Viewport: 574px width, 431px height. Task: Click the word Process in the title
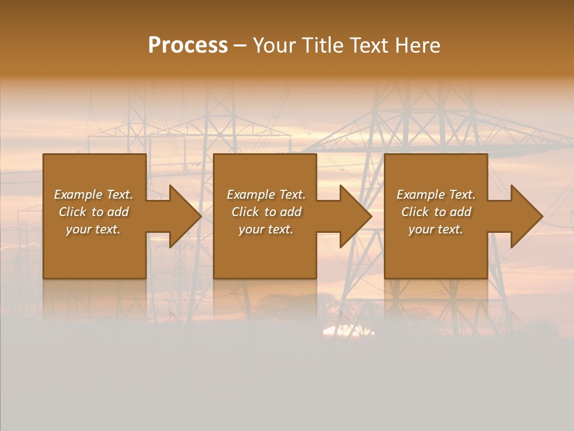point(188,45)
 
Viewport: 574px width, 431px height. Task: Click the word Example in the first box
point(78,195)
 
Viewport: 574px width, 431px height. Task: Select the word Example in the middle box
point(251,195)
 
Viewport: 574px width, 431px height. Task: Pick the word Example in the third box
point(420,195)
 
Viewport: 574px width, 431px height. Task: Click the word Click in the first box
point(72,212)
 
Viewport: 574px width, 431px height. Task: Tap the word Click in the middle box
point(245,212)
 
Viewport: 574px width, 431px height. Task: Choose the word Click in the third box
point(415,212)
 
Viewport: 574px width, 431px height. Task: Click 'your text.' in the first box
point(93,229)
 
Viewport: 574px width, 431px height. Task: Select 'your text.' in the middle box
point(266,229)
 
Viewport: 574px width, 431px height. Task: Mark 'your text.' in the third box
point(436,229)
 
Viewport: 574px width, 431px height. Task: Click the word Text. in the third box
point(462,195)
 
